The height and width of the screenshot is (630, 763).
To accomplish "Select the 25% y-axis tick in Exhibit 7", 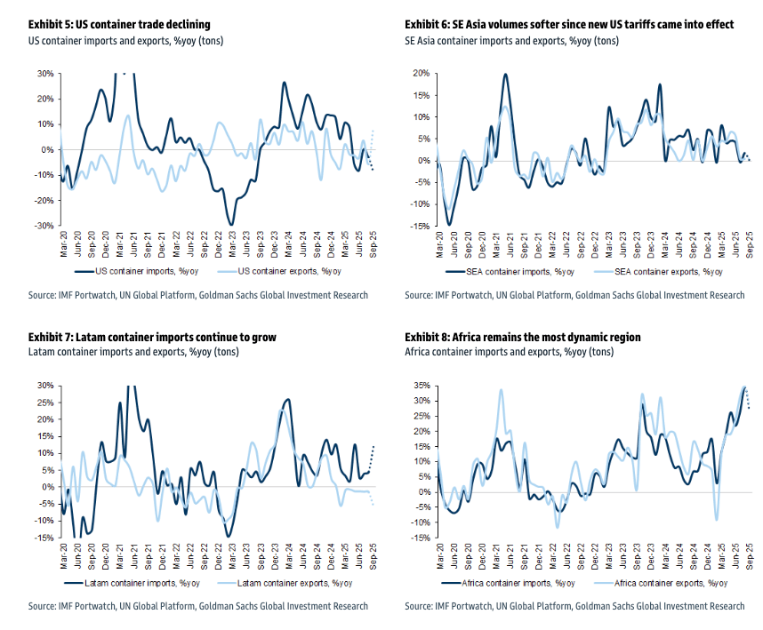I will (x=45, y=403).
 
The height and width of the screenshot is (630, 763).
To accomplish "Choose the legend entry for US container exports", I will (x=283, y=272).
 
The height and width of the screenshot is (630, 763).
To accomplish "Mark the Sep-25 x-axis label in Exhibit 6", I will (x=748, y=244).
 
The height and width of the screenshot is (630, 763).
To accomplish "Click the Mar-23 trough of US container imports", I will (x=231, y=224).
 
